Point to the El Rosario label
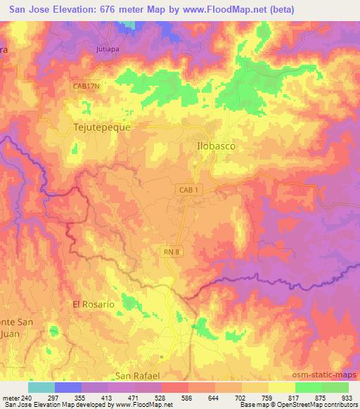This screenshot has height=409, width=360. point(94,304)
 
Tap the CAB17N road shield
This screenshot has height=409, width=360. point(87,86)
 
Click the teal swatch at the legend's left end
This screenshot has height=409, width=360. point(41,387)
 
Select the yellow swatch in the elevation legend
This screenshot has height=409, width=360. point(281,387)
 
